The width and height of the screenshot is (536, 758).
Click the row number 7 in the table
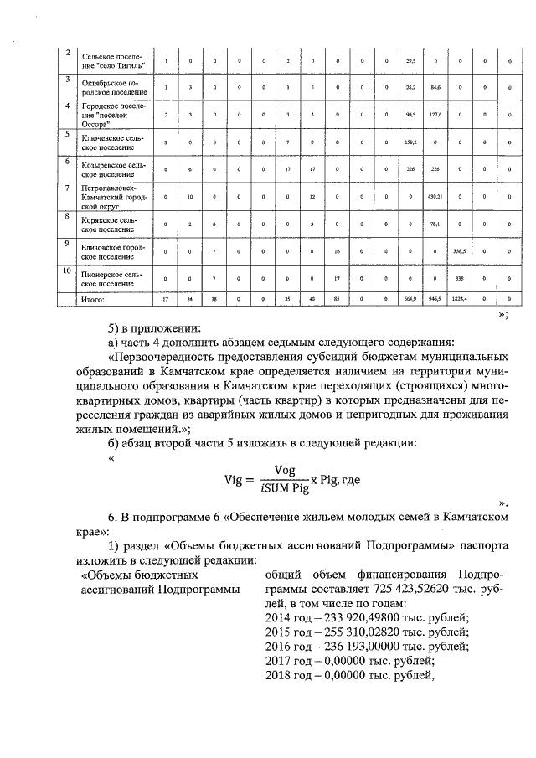(70, 189)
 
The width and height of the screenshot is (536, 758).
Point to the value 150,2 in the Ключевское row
(411, 142)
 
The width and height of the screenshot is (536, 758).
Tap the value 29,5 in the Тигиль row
(411, 61)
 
